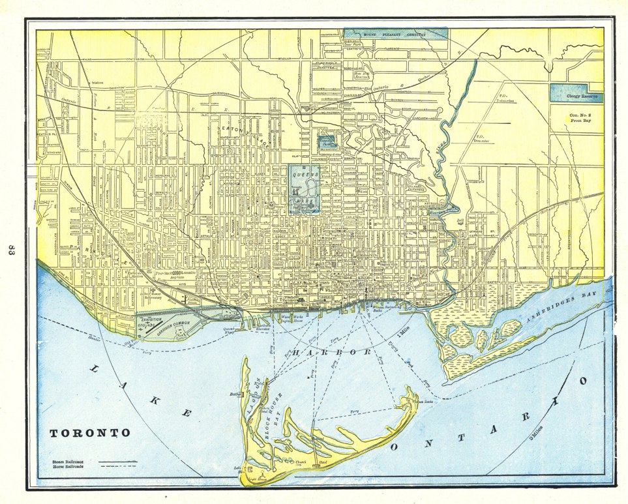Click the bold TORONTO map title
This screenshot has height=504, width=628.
click(91, 433)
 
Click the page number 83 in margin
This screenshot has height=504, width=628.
click(11, 252)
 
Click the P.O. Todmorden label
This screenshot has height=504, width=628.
click(508, 100)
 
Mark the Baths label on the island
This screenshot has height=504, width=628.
click(235, 394)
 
